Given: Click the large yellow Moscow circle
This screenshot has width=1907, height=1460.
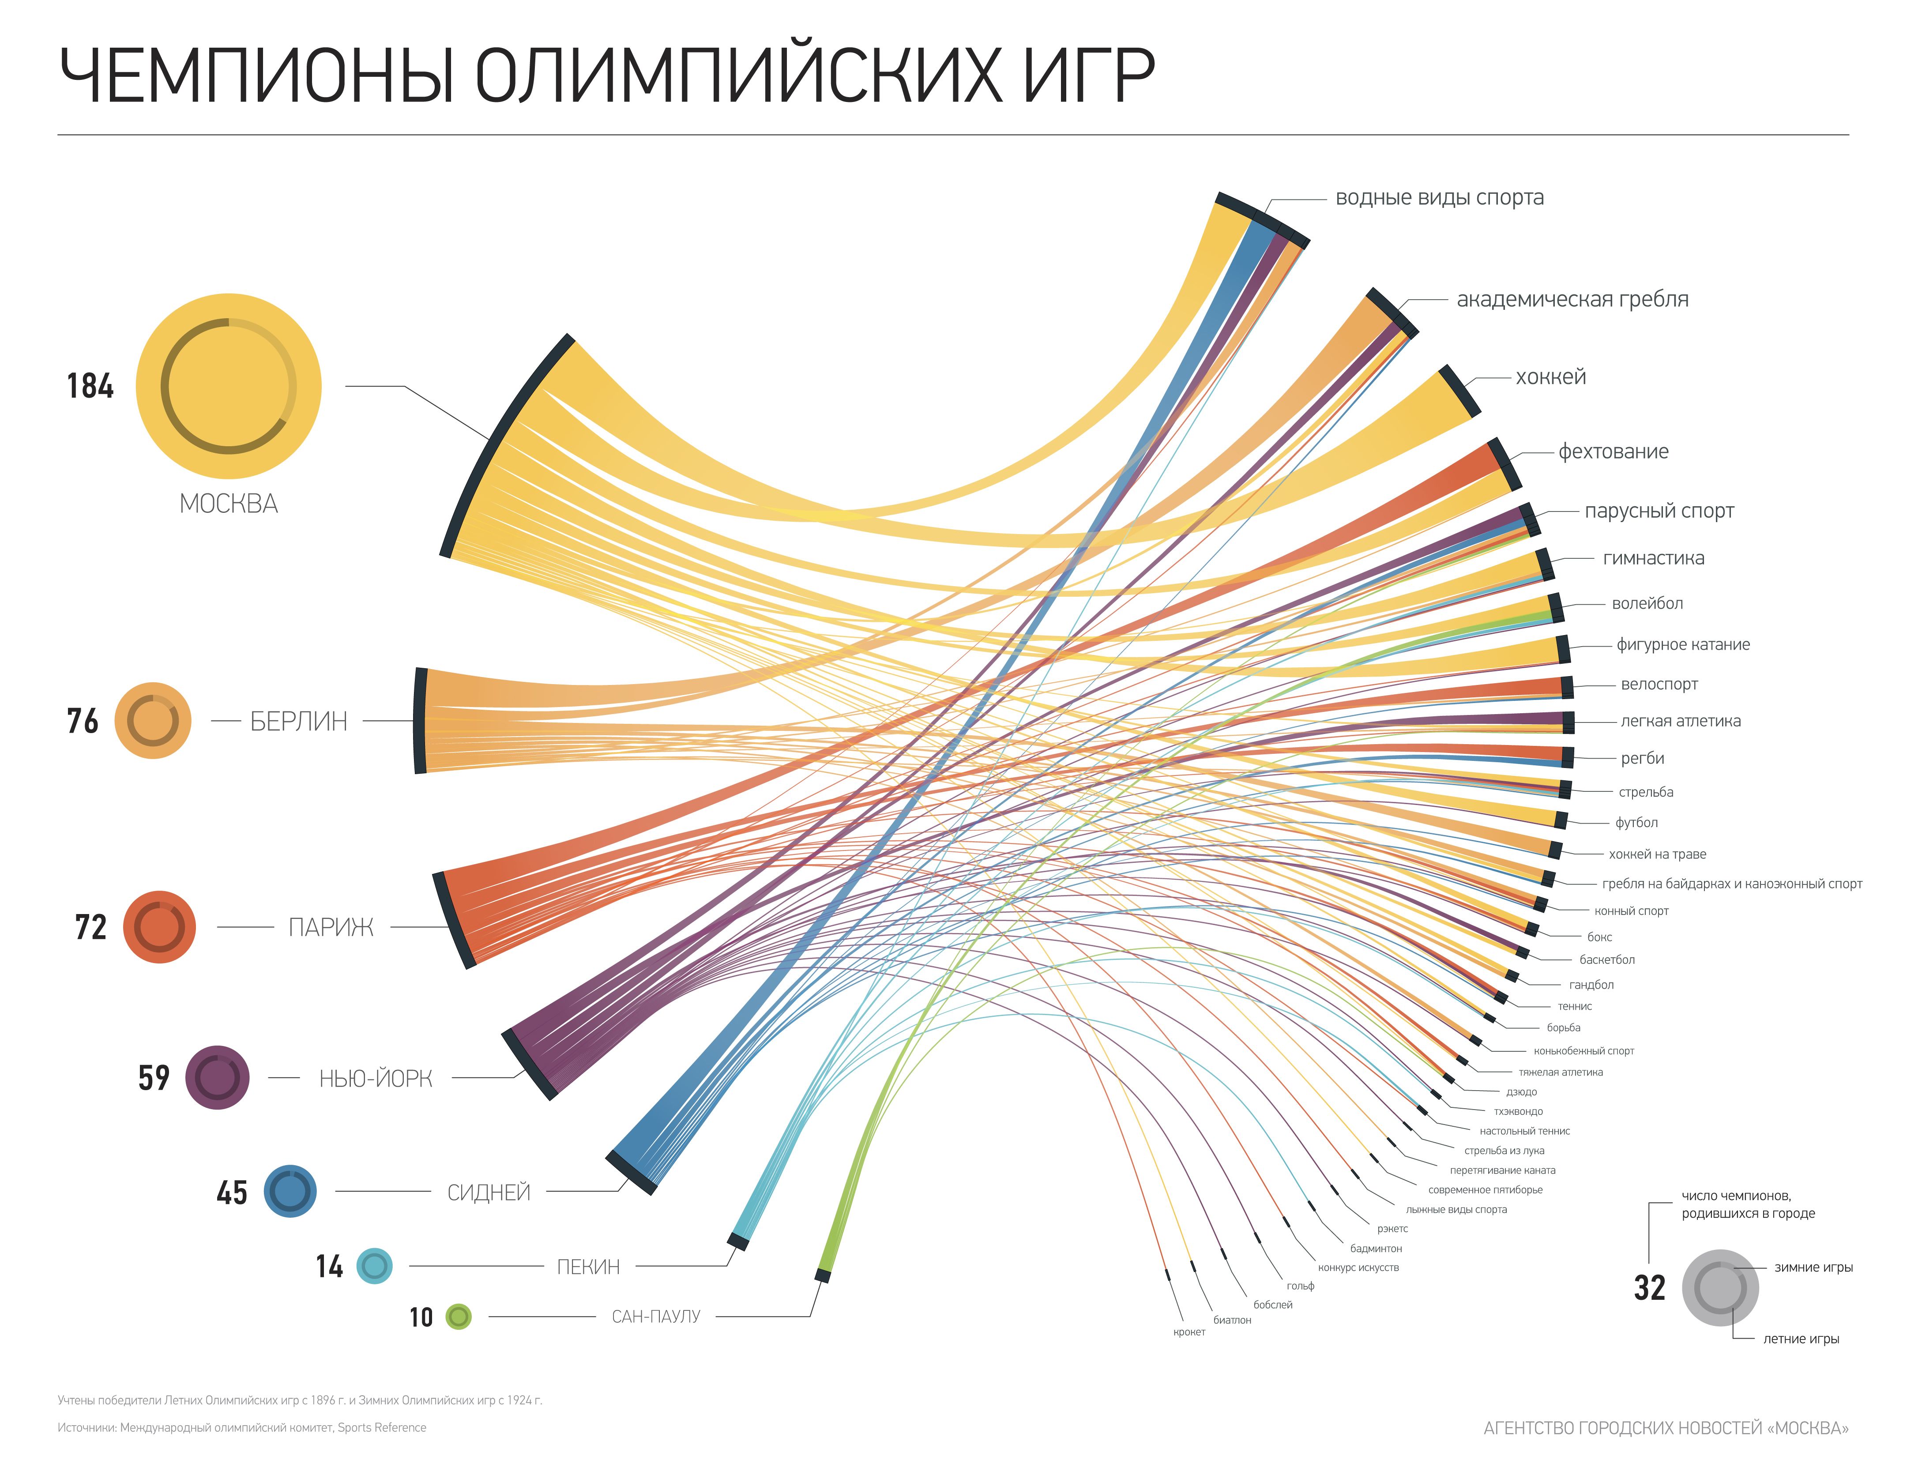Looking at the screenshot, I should click(229, 386).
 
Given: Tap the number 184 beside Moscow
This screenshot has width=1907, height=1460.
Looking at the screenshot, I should click(90, 386).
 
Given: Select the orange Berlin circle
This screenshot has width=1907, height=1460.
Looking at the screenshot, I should click(153, 720).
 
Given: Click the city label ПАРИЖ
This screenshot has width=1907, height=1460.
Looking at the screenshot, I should click(331, 927).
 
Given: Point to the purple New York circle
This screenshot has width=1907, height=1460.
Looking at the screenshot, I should click(217, 1078).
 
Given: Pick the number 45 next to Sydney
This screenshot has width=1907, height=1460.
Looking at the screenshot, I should click(232, 1193).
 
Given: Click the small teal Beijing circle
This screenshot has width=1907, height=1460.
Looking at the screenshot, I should click(374, 1266).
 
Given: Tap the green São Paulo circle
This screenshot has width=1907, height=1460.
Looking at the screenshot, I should click(459, 1317).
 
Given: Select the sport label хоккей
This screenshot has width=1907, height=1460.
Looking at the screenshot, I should click(1551, 377).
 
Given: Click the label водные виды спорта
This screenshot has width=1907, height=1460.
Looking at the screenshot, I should click(1440, 198).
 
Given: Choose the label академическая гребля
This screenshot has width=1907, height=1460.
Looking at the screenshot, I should click(1572, 300).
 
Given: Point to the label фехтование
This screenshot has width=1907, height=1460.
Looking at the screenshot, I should click(1614, 452).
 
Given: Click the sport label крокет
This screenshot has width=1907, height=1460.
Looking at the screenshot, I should click(1189, 1332).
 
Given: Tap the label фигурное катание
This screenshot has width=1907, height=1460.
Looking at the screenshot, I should click(1683, 645).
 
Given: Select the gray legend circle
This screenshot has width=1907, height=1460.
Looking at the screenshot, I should click(1720, 1288).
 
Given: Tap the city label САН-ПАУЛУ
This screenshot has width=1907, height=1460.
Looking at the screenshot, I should click(656, 1317).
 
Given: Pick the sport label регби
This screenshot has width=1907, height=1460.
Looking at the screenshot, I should click(1642, 759).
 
